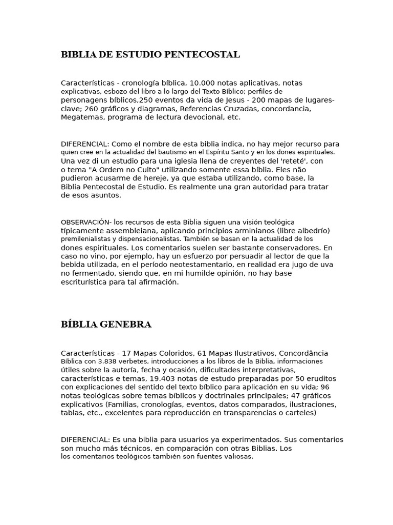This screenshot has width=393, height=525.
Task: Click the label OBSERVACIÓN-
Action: click(86, 222)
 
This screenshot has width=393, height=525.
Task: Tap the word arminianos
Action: click(244, 230)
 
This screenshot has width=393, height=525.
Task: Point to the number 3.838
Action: click(105, 361)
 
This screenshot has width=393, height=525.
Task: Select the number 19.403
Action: click(189, 378)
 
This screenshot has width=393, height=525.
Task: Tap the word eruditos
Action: click(320, 378)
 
